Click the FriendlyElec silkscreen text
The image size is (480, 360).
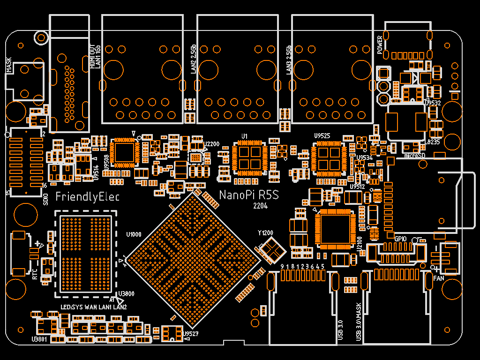pos(87,196)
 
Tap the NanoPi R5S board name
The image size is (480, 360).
pos(249,195)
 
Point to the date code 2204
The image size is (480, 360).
pos(260,206)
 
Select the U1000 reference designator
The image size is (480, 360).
pos(134,234)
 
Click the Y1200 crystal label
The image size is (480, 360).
pos(265,233)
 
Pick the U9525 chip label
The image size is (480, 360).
pos(322,136)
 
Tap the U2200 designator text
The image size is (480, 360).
pos(212,144)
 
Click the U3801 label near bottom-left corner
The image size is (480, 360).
pos(39,339)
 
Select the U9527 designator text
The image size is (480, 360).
pos(191,334)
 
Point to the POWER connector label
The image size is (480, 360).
pos(380,45)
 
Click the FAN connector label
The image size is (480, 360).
pos(439,278)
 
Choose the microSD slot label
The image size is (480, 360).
pos(414,155)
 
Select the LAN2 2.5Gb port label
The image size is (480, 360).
pos(193,60)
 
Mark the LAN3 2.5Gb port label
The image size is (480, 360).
pos(289,60)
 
